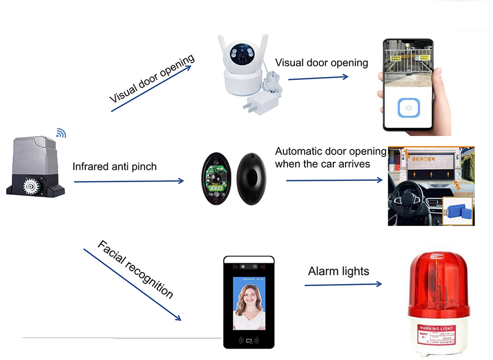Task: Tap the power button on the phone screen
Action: pyautogui.click(x=409, y=108)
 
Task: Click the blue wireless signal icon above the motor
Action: pyautogui.click(x=61, y=134)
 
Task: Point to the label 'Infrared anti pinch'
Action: pyautogui.click(x=114, y=166)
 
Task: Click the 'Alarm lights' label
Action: pyautogui.click(x=338, y=271)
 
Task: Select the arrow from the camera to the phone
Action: pyautogui.click(x=318, y=78)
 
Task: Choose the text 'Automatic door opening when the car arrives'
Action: pyautogui.click(x=330, y=158)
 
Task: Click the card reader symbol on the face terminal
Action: pyautogui.click(x=249, y=339)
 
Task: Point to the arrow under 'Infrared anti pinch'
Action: pyautogui.click(x=128, y=181)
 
